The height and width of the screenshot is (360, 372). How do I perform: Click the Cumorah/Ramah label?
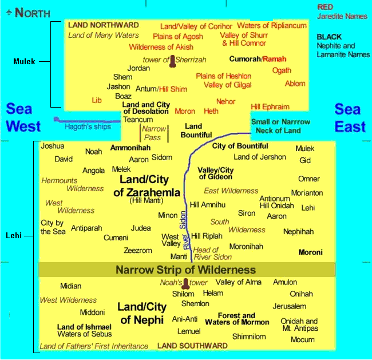pos(258,59)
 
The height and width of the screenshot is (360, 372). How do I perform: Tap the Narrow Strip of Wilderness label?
pos(186,270)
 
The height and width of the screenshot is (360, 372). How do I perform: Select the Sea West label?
pos(23,117)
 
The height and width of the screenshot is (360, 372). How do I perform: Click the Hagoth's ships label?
pos(88,127)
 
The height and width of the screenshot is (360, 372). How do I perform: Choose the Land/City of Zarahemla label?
pos(147,186)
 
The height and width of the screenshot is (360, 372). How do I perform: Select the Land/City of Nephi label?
pos(141,313)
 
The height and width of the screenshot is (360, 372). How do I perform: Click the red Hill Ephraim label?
pos(270,107)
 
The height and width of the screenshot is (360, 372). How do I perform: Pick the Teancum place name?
pos(138,120)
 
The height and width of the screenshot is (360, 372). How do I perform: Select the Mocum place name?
pos(303,339)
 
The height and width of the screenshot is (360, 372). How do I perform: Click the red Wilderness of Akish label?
pos(161,47)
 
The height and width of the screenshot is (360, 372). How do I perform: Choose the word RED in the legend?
pos(325,7)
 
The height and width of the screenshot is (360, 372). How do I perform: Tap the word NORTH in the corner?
pos(33,13)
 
